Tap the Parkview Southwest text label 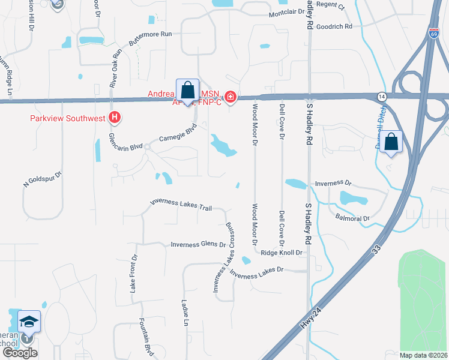click(x=68, y=118)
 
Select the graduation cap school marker click(x=29, y=322)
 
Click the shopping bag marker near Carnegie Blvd click(x=187, y=91)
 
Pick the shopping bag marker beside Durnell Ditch click(x=391, y=143)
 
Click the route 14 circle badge click(x=382, y=97)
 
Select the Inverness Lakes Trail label click(x=181, y=205)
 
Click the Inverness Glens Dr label click(x=198, y=245)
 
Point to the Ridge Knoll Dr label click(x=281, y=253)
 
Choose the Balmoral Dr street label click(x=352, y=218)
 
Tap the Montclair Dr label click(x=287, y=13)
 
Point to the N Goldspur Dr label click(x=43, y=173)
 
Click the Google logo click(x=20, y=353)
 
